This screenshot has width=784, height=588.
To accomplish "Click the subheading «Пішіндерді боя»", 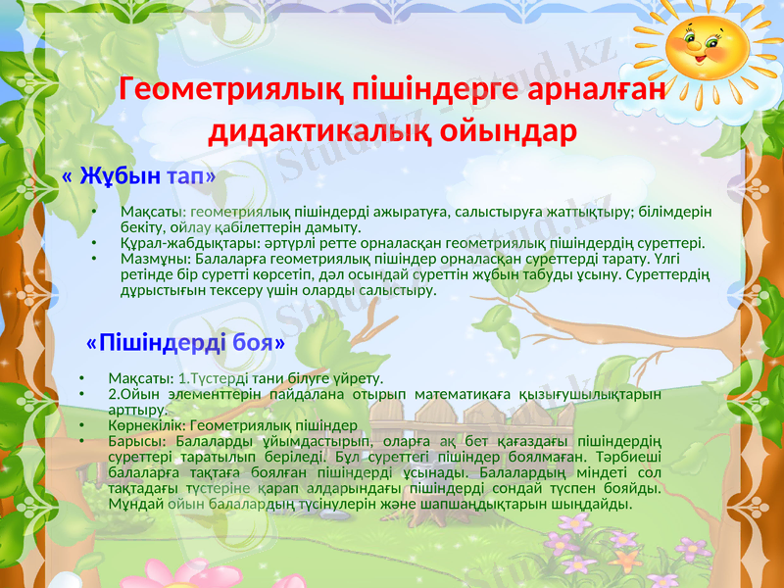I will click(x=186, y=343).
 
